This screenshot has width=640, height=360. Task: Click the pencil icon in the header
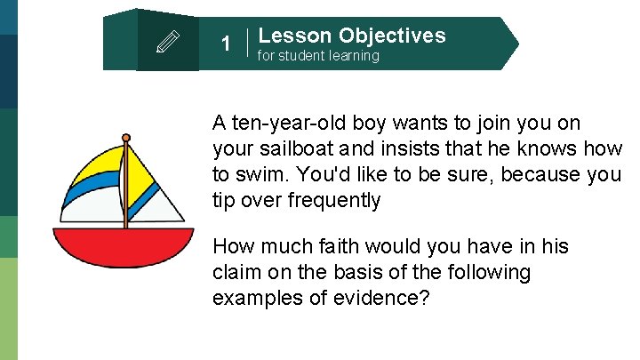tap(168, 42)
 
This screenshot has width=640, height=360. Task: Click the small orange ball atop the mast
tap(126, 138)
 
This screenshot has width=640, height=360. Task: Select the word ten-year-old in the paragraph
tap(289, 123)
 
